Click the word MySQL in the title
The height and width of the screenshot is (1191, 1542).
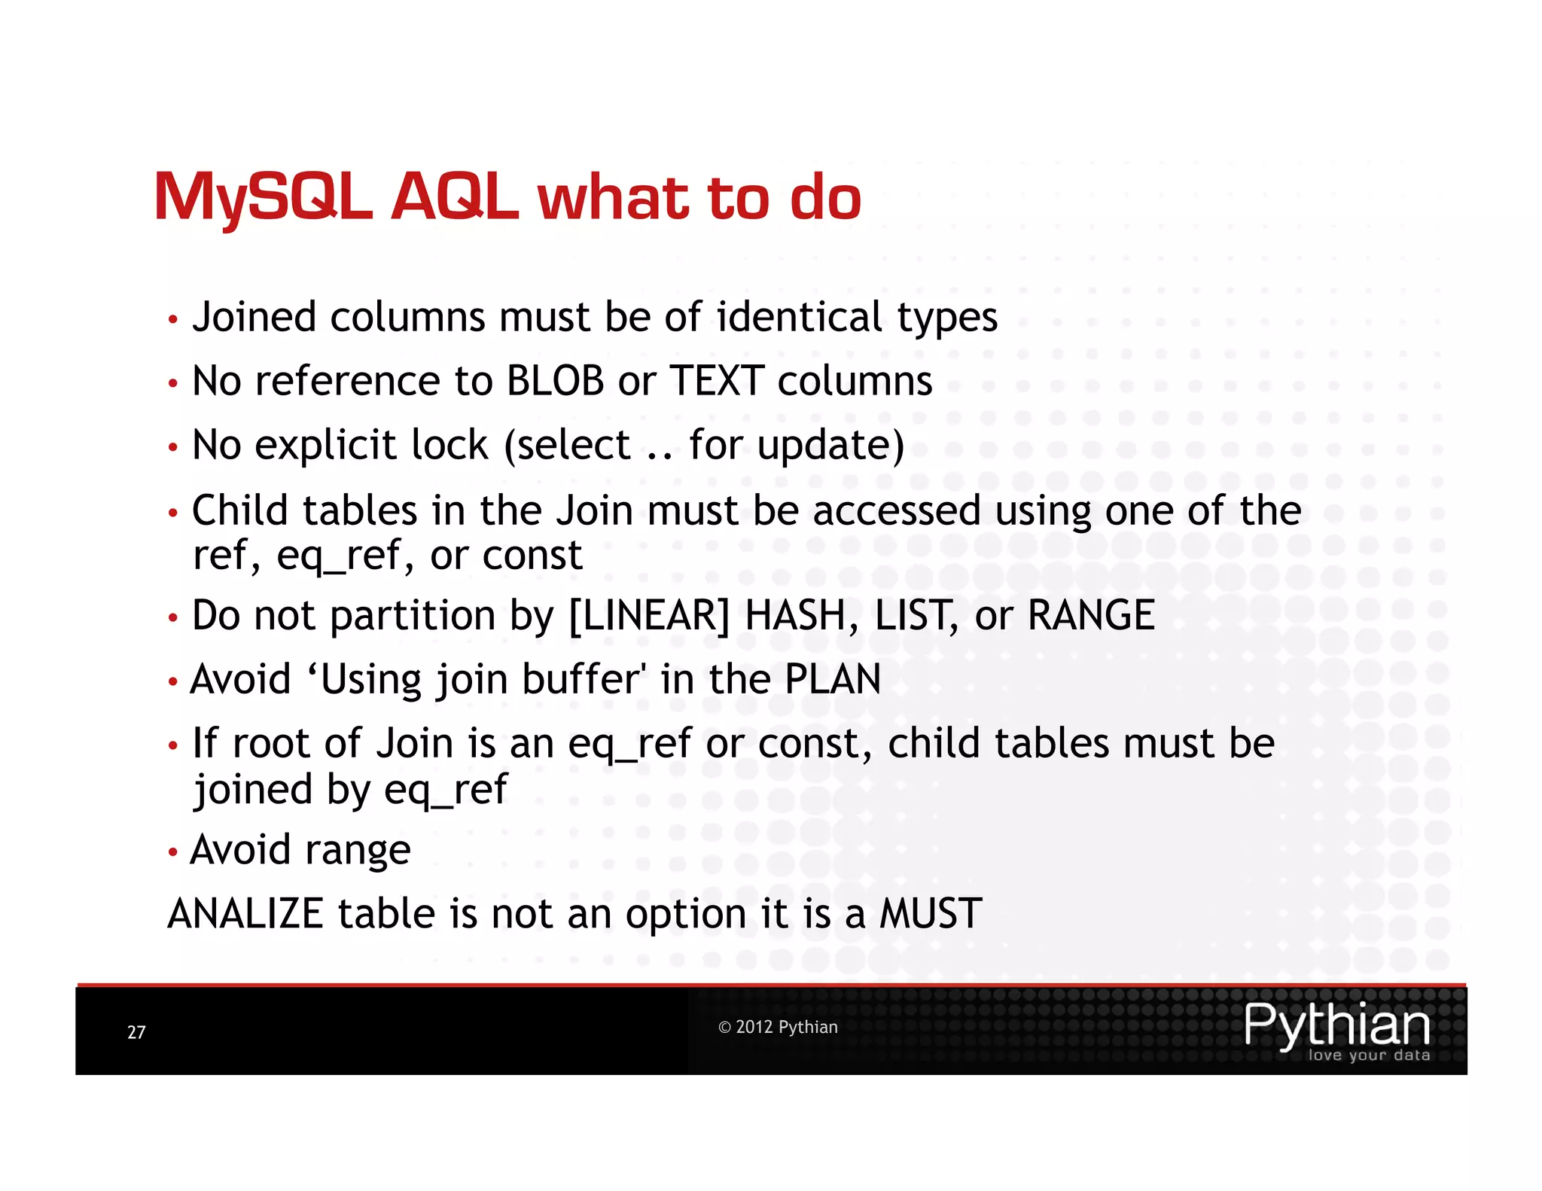tap(264, 197)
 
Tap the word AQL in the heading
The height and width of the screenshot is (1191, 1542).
tap(455, 197)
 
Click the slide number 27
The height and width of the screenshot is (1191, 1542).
tap(136, 1032)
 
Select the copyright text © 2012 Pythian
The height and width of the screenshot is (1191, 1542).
tap(778, 1027)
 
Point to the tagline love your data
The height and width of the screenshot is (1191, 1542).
tap(1369, 1055)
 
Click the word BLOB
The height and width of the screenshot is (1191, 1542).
tap(555, 381)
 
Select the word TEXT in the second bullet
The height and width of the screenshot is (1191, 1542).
tap(717, 381)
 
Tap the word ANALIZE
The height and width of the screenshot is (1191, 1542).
tap(245, 914)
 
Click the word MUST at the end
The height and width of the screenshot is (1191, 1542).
tap(931, 914)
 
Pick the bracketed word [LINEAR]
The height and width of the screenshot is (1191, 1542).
tap(649, 616)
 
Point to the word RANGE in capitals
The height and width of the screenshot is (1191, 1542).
tap(1091, 616)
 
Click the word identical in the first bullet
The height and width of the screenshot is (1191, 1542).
tap(799, 317)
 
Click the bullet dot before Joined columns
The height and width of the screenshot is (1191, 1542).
tap(173, 320)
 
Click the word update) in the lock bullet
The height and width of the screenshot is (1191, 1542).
tap(830, 446)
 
